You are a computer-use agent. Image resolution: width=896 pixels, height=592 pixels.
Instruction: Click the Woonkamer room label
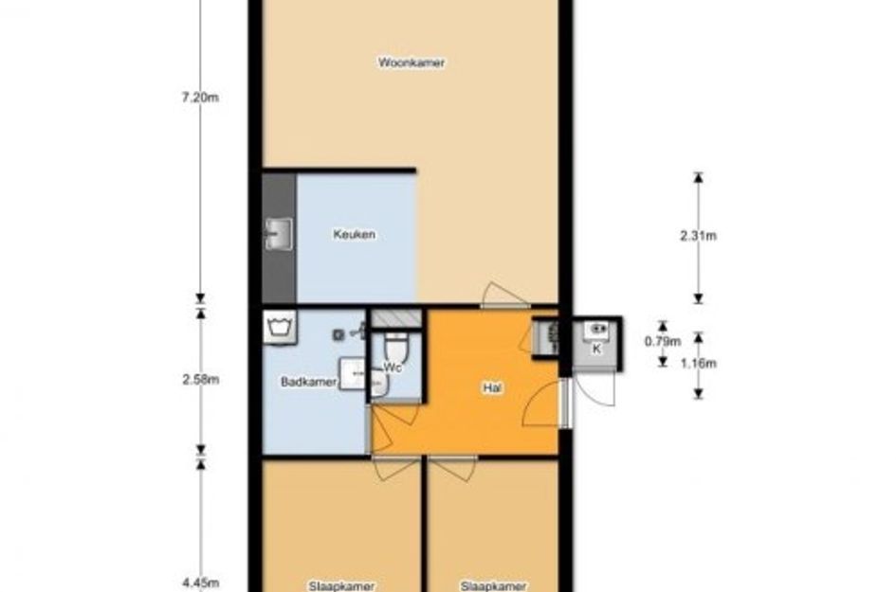[411, 63]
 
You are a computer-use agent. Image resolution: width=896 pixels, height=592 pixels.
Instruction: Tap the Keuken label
[355, 234]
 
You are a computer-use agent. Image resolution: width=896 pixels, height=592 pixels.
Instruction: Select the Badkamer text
[308, 382]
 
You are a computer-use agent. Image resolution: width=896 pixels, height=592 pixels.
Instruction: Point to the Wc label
[393, 368]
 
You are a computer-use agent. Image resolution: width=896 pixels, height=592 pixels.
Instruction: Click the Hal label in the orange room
[493, 388]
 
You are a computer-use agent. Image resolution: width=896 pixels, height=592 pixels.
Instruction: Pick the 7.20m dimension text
[200, 98]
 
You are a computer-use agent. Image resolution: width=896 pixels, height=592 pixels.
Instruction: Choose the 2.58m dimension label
[201, 380]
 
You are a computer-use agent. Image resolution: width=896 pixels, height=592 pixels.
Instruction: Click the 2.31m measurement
[698, 236]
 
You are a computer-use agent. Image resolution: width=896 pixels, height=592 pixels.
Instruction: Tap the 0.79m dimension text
[663, 341]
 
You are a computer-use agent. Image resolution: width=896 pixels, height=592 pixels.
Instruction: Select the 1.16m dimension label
[698, 363]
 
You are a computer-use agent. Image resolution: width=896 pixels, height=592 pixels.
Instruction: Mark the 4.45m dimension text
[201, 583]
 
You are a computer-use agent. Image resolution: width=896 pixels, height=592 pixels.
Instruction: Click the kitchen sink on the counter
[280, 234]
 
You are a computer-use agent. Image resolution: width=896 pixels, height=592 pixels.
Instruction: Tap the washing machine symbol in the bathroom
[280, 328]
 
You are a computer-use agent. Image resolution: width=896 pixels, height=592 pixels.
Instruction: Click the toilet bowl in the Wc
[394, 347]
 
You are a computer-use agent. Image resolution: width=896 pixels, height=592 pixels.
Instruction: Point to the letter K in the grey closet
[596, 349]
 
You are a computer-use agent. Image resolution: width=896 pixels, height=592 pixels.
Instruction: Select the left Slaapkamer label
[341, 585]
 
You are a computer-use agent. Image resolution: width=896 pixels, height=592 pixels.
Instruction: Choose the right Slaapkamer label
[494, 585]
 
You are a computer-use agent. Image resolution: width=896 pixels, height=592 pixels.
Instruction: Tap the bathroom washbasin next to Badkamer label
[353, 374]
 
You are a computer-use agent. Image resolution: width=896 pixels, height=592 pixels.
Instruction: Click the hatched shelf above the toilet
[396, 319]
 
